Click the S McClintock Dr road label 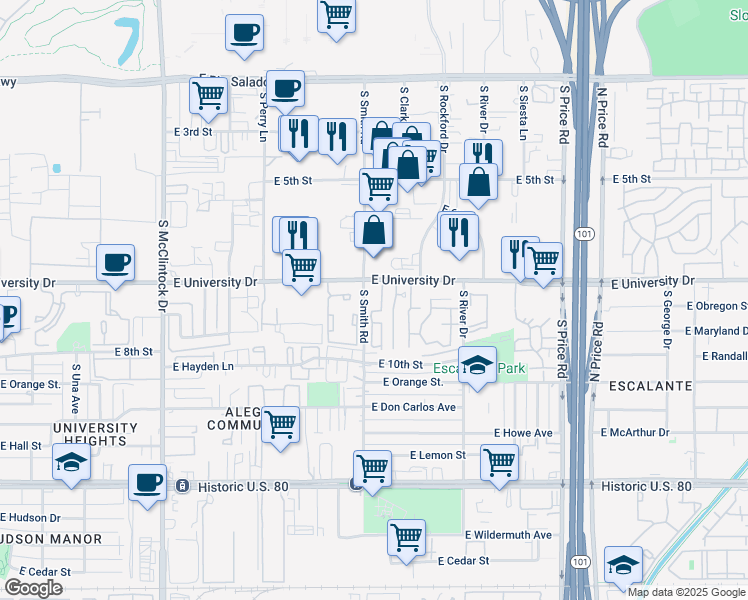pyautogui.click(x=161, y=265)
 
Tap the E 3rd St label pyautogui.click(x=193, y=132)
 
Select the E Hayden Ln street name pyautogui.click(x=203, y=367)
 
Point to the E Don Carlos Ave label pyautogui.click(x=413, y=407)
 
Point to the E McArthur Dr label pyautogui.click(x=635, y=432)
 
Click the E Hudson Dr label pyautogui.click(x=30, y=518)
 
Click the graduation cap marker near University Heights pyautogui.click(x=72, y=463)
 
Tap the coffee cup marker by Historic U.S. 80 pyautogui.click(x=147, y=483)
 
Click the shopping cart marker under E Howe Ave pyautogui.click(x=499, y=463)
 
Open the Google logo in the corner pyautogui.click(x=33, y=588)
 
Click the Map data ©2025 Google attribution pyautogui.click(x=686, y=591)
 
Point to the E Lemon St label pyautogui.click(x=438, y=455)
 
